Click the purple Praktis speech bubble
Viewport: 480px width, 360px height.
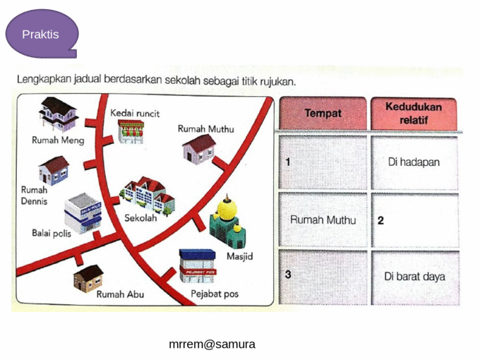point(40,33)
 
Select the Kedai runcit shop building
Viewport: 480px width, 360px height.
point(130,131)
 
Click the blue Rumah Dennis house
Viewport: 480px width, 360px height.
point(54,170)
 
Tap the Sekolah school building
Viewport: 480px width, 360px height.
point(148,193)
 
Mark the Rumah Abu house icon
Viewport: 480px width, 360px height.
point(89,277)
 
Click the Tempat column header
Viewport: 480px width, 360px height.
point(323,113)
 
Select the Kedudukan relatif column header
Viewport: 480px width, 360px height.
point(414,113)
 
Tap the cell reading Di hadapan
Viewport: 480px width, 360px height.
point(414,162)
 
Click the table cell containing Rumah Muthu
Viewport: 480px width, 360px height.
point(323,220)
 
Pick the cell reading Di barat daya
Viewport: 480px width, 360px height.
point(414,276)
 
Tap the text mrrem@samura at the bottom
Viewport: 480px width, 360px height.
point(212,344)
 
